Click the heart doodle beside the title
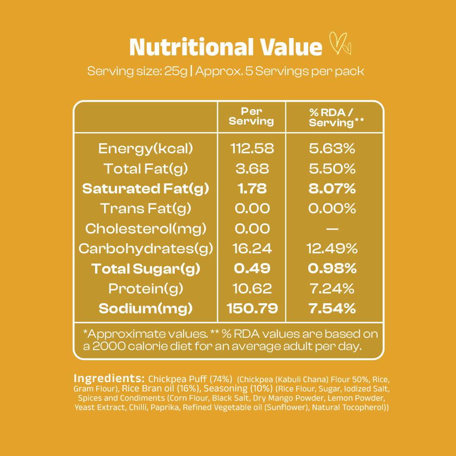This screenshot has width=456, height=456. point(339,44)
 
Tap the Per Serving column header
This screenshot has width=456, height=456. point(251,117)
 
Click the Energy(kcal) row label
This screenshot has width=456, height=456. point(145,149)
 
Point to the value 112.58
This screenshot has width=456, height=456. point(252,149)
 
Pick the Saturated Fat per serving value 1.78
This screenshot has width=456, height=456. point(252,189)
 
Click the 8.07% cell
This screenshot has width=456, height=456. point(332,189)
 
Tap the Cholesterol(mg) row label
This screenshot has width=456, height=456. point(146,229)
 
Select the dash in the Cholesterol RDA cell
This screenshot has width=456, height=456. point(332,229)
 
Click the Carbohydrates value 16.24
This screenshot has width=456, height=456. point(252,249)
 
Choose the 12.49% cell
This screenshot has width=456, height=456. point(332,249)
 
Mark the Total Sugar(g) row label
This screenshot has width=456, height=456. point(146,269)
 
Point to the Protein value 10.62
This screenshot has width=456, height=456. point(252,289)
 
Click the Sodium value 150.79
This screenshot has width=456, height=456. point(252,309)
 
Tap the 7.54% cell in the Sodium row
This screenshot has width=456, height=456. point(332,309)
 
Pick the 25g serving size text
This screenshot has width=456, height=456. point(176,71)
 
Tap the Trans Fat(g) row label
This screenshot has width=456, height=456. point(146,209)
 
